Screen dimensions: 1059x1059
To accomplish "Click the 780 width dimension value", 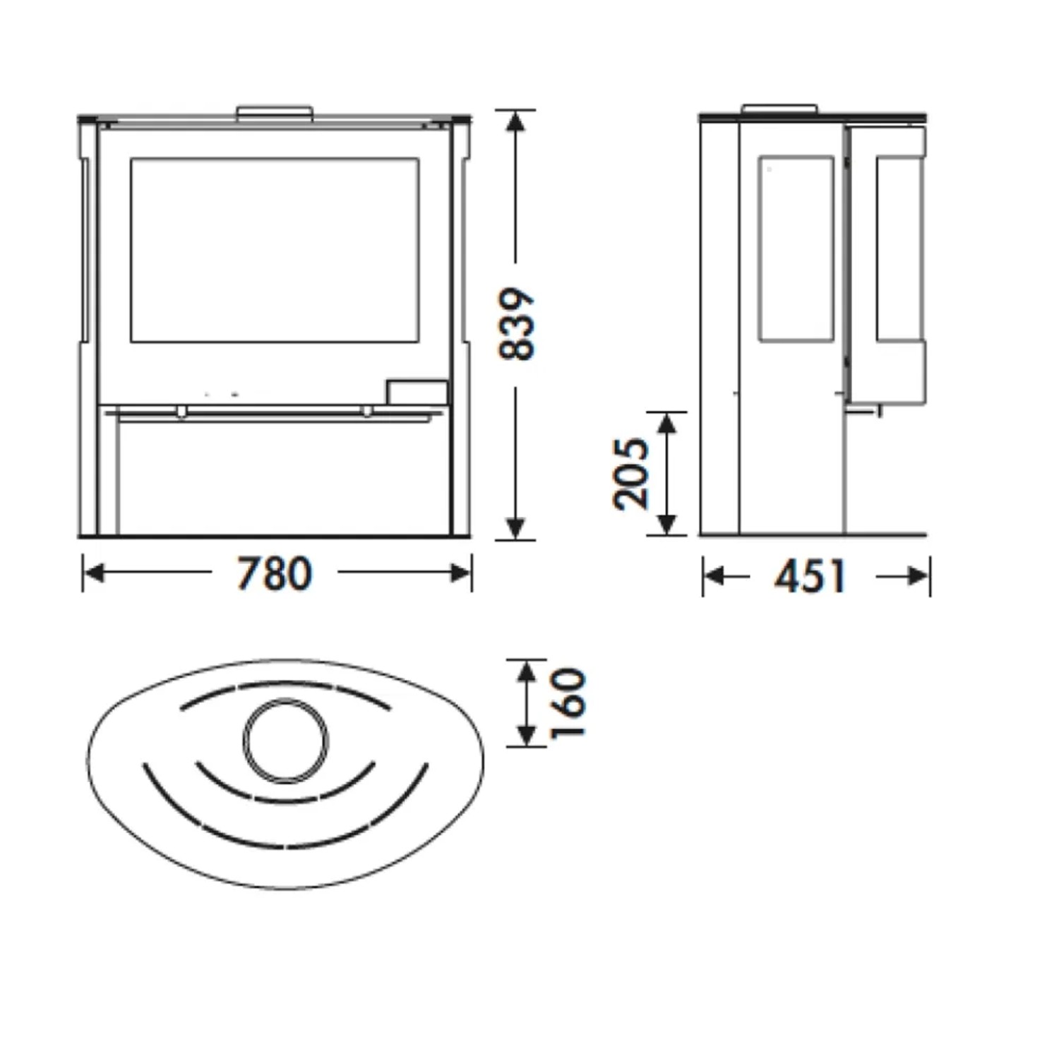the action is (x=273, y=573).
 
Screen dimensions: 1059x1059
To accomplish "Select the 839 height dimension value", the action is (x=517, y=324).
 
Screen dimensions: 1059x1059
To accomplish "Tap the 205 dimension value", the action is (x=630, y=474).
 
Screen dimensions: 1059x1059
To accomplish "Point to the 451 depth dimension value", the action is (x=810, y=577).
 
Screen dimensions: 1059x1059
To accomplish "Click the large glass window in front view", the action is (x=274, y=250).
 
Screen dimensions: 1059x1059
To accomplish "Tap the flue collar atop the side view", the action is (x=779, y=109).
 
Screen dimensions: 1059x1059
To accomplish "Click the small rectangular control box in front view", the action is (x=417, y=393).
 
